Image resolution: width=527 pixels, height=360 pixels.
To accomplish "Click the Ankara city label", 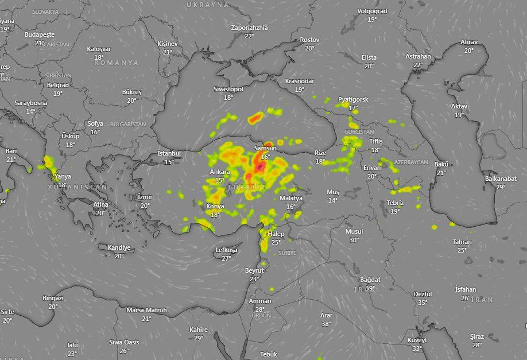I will (220, 172).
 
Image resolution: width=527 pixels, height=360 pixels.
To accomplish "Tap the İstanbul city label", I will (169, 153).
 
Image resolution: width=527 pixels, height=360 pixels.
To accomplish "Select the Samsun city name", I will (265, 148).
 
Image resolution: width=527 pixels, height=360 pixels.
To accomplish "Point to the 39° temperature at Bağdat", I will (370, 288).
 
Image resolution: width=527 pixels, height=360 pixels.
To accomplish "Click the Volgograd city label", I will (372, 11).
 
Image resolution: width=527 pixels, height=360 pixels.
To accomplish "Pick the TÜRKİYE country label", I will (247, 188).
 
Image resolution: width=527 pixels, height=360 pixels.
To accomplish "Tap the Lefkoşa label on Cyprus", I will (226, 250).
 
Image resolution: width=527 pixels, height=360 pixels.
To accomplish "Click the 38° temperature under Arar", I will (326, 324).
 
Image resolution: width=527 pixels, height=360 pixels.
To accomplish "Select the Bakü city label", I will (441, 164).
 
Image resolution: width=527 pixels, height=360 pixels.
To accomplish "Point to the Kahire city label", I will (198, 330).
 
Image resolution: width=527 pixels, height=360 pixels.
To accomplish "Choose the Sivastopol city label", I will (228, 89).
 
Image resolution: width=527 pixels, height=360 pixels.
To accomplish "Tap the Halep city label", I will (276, 234).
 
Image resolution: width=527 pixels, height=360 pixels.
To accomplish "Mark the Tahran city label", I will (462, 242).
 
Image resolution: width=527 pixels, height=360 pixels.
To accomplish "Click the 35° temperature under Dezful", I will (423, 303).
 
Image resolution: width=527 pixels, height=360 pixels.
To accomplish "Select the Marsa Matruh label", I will (146, 310).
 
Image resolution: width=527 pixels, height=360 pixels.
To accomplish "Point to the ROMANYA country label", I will (117, 62).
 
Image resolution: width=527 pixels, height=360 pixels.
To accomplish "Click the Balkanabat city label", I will (501, 179).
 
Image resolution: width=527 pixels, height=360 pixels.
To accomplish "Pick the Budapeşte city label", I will (40, 34).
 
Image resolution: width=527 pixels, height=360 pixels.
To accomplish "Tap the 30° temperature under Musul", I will (354, 240).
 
